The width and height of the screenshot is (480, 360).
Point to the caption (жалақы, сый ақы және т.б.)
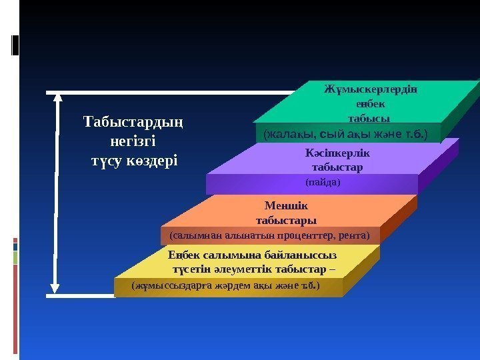(345, 134)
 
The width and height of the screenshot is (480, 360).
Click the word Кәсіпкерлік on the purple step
(337, 152)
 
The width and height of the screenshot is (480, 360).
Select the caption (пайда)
(323, 181)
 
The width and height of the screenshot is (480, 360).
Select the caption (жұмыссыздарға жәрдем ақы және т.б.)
(226, 286)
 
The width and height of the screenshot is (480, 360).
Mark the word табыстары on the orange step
(286, 220)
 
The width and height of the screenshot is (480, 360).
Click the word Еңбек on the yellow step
(183, 256)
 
